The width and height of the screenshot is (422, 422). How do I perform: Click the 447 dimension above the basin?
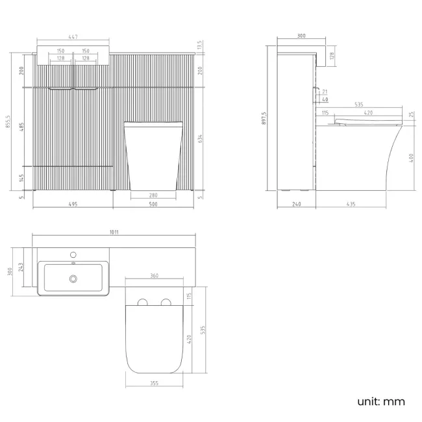coord(73,36)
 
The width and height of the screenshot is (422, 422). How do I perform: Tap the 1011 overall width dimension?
coord(114,232)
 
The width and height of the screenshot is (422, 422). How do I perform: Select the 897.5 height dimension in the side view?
coord(264,118)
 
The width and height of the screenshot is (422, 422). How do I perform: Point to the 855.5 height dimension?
coord(8,121)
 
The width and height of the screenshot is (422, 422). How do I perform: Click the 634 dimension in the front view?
coord(200,139)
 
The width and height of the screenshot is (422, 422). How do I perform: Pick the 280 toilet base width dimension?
coord(153,195)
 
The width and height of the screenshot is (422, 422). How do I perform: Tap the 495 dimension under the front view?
coord(73,204)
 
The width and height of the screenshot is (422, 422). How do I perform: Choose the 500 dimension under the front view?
coord(153,204)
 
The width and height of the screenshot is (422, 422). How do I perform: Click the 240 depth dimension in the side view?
coord(296,204)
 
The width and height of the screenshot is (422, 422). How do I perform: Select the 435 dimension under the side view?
coord(351,204)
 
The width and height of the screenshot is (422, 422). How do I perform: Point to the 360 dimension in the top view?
coord(155,275)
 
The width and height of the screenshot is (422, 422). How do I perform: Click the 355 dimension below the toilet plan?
coord(155,383)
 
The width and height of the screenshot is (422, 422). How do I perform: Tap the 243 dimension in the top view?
coord(21,267)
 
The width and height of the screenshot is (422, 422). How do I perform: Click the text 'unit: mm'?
coord(381,401)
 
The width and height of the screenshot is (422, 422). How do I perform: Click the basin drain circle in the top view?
coord(73,279)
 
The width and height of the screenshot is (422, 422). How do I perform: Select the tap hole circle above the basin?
coord(73,254)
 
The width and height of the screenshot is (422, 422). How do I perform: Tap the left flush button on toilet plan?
coord(143,302)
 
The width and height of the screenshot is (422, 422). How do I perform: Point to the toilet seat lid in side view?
coord(368,120)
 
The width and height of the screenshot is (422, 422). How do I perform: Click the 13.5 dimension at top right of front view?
coord(199,45)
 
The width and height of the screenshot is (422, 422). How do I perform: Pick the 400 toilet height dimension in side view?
coord(411,158)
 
